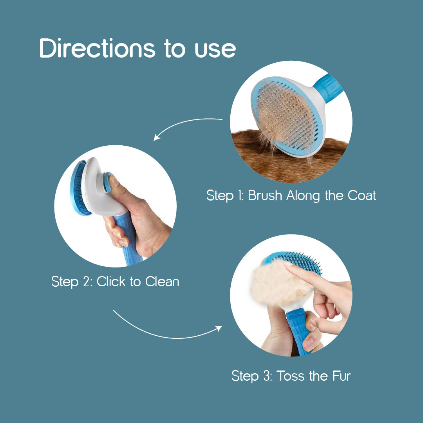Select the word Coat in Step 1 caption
[x=362, y=195]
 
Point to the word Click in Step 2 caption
[x=111, y=281]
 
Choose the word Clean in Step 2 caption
[x=162, y=281]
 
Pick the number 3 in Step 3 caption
[x=267, y=376]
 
